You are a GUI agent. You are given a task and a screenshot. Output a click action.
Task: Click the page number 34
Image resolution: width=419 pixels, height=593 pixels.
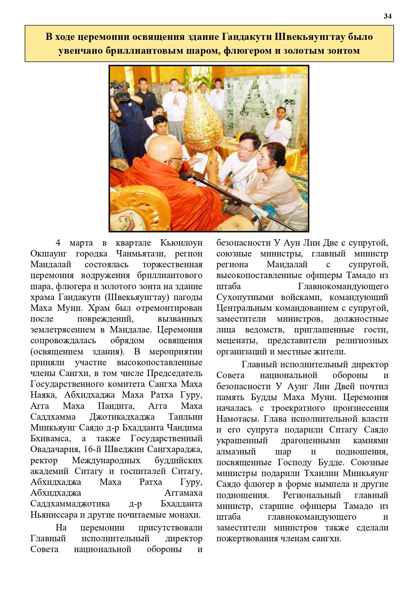point(387,16)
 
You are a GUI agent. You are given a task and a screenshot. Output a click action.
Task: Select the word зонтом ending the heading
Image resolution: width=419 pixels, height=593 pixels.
point(343,51)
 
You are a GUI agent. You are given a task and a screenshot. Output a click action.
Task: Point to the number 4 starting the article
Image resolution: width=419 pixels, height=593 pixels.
point(58,243)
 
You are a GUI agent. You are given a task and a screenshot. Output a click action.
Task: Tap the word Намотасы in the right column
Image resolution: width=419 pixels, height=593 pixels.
point(237,419)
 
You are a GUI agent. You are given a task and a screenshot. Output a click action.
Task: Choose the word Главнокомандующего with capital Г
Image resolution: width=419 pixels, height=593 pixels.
point(343,286)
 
